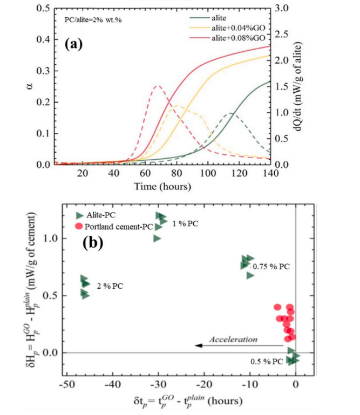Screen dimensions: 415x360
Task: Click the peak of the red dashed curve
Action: [x=157, y=85]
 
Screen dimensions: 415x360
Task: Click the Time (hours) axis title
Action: [x=163, y=187]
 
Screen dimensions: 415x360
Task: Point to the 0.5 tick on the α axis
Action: [x=44, y=9]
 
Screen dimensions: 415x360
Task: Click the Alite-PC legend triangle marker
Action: [x=80, y=215]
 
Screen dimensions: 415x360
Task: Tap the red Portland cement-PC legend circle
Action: [x=79, y=226]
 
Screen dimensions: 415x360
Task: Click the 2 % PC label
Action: [x=111, y=286]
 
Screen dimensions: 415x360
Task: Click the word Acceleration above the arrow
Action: [x=234, y=339]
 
